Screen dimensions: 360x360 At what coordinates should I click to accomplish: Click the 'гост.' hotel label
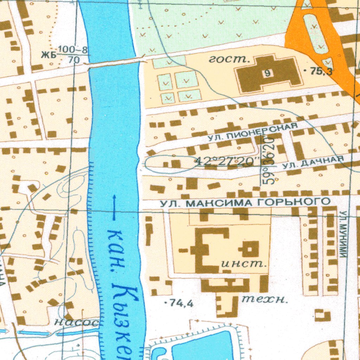point(229,60)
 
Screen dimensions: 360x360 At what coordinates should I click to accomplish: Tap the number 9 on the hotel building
point(268,73)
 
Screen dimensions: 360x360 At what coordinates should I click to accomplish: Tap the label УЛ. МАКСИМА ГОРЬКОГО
point(245,202)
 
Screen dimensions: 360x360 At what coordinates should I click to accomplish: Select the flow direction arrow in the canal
point(114,207)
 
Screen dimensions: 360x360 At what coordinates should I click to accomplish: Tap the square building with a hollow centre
point(249,249)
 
